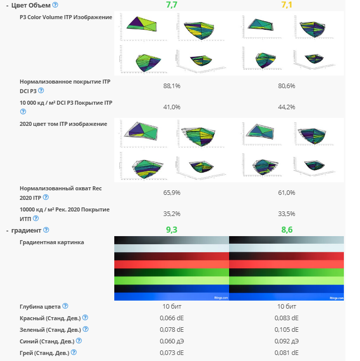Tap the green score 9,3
171,230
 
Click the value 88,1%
172,86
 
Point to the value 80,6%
286,86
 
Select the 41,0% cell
172,107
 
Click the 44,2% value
286,107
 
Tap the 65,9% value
172,193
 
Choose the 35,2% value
172,213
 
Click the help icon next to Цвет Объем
55,5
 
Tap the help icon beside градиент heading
46,230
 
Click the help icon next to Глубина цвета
65,306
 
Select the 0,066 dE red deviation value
172,318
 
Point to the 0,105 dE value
286,329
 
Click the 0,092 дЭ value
286,341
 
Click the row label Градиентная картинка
52,242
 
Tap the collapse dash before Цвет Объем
7,5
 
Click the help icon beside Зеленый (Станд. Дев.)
86,329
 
